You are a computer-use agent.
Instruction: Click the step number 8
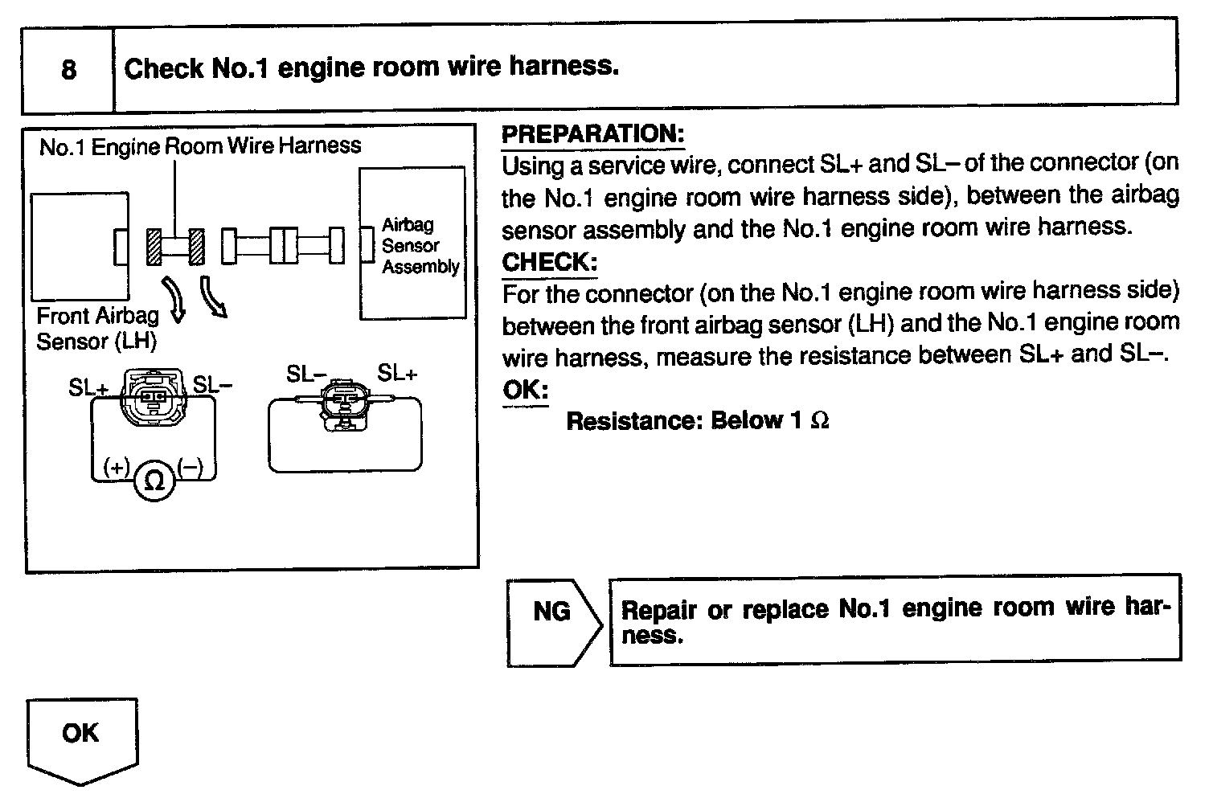point(68,69)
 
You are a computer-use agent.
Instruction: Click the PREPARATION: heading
point(592,133)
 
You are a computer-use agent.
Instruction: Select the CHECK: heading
point(549,262)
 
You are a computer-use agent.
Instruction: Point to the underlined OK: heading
point(525,391)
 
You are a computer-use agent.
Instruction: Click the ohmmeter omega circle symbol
point(153,481)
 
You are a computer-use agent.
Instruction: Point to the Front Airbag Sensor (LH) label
point(96,328)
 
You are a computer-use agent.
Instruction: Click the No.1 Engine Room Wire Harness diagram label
point(200,146)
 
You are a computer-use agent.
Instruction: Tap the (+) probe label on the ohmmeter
point(116,466)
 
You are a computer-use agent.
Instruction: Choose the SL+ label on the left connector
point(88,387)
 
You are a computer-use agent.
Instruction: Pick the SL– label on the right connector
point(305,374)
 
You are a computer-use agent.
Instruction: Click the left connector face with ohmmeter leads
point(153,395)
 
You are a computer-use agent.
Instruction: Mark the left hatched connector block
point(154,246)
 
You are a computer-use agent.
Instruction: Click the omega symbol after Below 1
point(820,421)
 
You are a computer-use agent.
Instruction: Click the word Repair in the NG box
point(658,609)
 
